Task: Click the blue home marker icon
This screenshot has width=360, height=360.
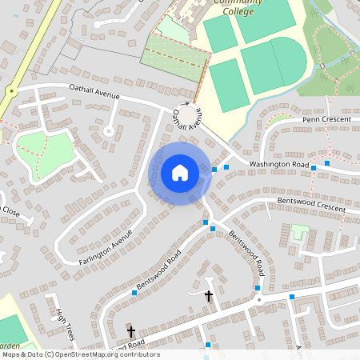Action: click(179, 173)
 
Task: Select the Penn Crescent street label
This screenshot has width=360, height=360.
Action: click(327, 119)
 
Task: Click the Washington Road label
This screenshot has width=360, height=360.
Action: click(278, 164)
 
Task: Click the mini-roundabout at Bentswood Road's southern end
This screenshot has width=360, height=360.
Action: click(258, 300)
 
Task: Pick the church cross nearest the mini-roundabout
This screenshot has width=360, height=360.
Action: click(209, 296)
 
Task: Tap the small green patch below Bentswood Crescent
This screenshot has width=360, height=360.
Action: click(300, 231)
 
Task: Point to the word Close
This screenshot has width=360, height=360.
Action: click(10, 211)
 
